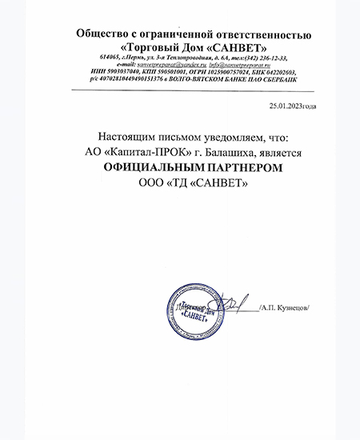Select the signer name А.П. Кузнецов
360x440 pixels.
288,307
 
